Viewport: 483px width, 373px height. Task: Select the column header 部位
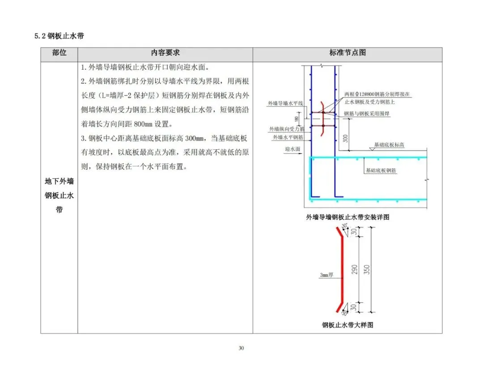click(x=59, y=53)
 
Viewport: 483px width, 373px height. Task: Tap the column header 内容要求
click(x=165, y=53)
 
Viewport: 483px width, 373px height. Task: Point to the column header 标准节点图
click(x=347, y=53)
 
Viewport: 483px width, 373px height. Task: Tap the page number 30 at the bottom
click(x=241, y=348)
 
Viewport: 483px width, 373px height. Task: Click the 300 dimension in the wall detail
click(x=345, y=138)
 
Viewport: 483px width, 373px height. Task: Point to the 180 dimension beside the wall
click(x=309, y=119)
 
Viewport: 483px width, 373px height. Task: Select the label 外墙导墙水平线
click(x=285, y=103)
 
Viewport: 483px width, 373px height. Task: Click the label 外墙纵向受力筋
click(x=286, y=129)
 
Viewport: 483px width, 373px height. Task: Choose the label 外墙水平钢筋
click(x=288, y=137)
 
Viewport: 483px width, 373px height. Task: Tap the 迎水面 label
click(x=292, y=148)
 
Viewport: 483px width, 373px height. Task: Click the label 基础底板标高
click(x=389, y=145)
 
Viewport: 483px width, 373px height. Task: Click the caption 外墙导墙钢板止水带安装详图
click(x=347, y=217)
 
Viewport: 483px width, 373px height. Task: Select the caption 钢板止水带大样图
click(x=347, y=325)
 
